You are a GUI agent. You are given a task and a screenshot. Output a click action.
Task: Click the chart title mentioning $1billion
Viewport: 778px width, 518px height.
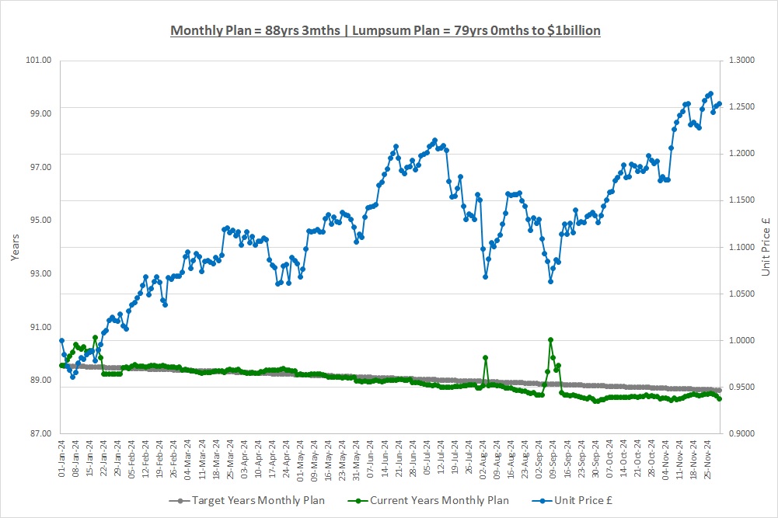coord(385,30)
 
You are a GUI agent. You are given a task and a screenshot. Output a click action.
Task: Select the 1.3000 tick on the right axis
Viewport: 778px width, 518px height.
coord(740,60)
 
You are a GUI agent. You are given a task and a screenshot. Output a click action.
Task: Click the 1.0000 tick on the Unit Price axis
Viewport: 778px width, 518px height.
coord(740,340)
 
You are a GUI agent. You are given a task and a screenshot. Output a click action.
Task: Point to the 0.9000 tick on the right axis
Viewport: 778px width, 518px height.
coord(740,433)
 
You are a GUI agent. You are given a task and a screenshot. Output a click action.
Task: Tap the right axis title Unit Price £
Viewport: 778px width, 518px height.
coord(766,246)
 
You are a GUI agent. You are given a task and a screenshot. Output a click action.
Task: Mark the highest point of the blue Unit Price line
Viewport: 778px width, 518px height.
coord(710,94)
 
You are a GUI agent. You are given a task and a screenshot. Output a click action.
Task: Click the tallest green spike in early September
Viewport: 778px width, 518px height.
coord(550,339)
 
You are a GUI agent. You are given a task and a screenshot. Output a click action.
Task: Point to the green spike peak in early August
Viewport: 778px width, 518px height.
coord(485,358)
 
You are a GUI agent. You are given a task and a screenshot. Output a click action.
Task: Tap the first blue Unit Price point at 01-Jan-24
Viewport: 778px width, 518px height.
coord(61,340)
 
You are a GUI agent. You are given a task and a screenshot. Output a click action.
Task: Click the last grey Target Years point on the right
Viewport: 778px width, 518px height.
coord(719,390)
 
